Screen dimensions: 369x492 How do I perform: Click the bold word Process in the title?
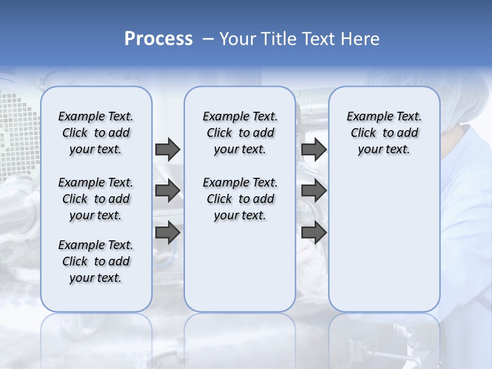[158, 39]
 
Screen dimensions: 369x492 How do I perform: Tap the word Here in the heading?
[359, 39]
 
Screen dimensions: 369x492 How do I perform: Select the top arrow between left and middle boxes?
[168, 149]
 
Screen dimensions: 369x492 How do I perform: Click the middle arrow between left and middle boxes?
[168, 191]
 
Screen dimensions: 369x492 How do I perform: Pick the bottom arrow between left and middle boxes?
[168, 233]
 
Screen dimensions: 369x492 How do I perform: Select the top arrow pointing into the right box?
[314, 149]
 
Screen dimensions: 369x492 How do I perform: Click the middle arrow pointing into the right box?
[314, 191]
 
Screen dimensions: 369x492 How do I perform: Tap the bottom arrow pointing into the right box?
[314, 233]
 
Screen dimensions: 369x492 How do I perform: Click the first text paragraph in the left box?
[96, 133]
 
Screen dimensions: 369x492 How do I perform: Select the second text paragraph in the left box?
[96, 199]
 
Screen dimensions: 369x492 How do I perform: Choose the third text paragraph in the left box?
[96, 261]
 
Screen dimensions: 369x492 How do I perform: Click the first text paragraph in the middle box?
[240, 133]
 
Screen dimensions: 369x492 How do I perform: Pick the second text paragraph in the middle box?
[240, 199]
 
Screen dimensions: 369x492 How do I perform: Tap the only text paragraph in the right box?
[384, 133]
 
